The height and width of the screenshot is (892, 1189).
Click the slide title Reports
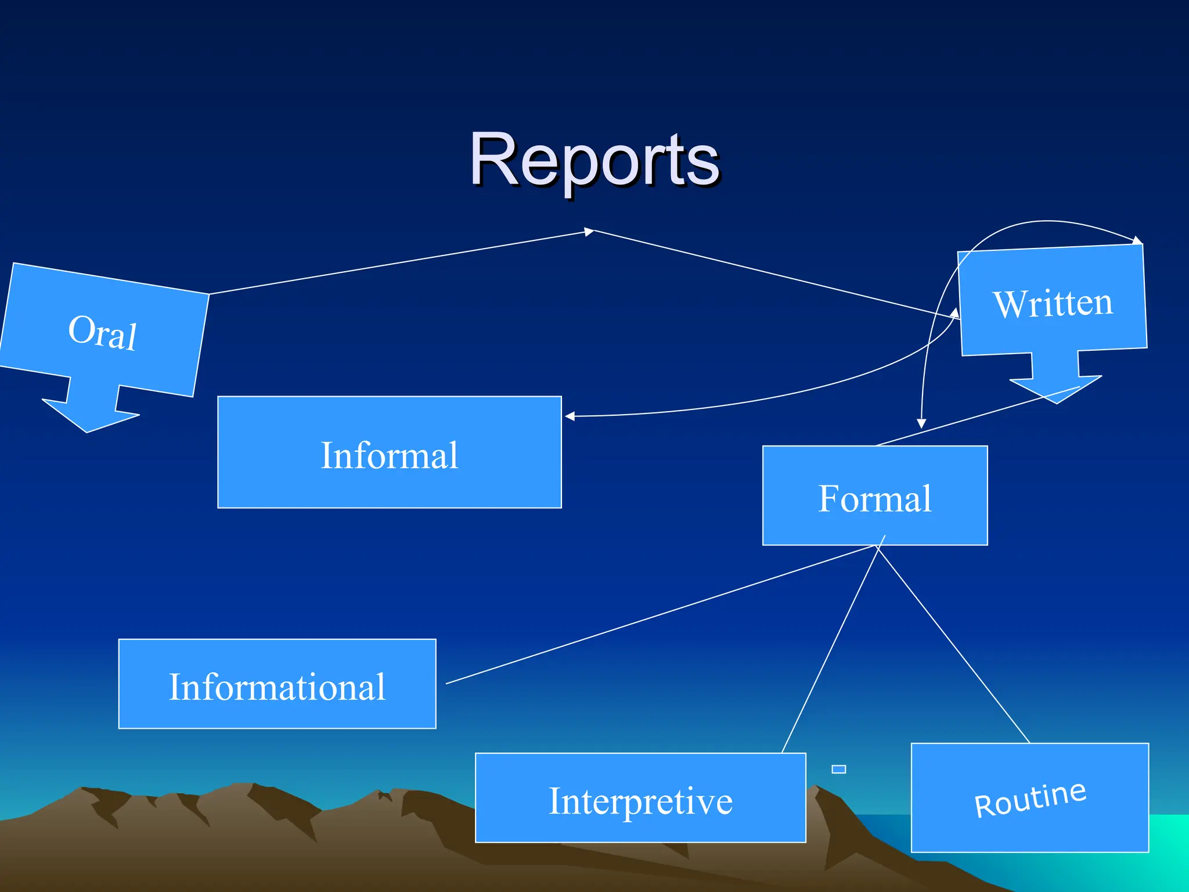pos(594,159)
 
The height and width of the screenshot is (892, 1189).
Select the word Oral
pos(103,332)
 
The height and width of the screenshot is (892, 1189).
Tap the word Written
pos(1053,303)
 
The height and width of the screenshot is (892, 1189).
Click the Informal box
pos(390,453)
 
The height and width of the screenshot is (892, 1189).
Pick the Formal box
pos(875,497)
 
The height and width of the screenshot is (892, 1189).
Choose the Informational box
pos(277,685)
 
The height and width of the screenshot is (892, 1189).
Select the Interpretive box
pos(640,799)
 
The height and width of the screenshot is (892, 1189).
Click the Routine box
pos(1029,799)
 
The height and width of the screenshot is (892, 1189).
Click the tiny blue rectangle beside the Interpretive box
pos(838,769)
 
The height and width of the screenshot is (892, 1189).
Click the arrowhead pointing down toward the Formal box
pos(921,423)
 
